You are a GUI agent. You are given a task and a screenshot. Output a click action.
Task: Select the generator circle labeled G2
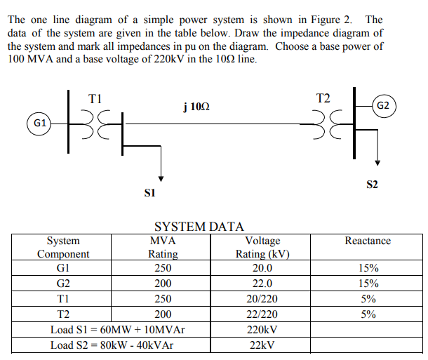click(x=384, y=106)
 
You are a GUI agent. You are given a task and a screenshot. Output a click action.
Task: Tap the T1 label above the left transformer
click(x=95, y=99)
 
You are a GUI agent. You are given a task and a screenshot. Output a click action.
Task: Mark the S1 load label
click(x=149, y=192)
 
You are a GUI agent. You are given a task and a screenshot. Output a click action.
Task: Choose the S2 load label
click(x=372, y=185)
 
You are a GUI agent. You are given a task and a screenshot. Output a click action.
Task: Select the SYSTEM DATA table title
click(x=199, y=226)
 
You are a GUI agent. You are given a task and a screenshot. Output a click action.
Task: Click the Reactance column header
click(x=368, y=241)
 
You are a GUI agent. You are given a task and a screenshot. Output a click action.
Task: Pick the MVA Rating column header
click(x=163, y=247)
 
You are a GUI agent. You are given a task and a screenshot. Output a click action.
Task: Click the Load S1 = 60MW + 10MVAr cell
click(x=117, y=330)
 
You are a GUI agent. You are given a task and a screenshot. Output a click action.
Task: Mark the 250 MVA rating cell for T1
click(x=163, y=299)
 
